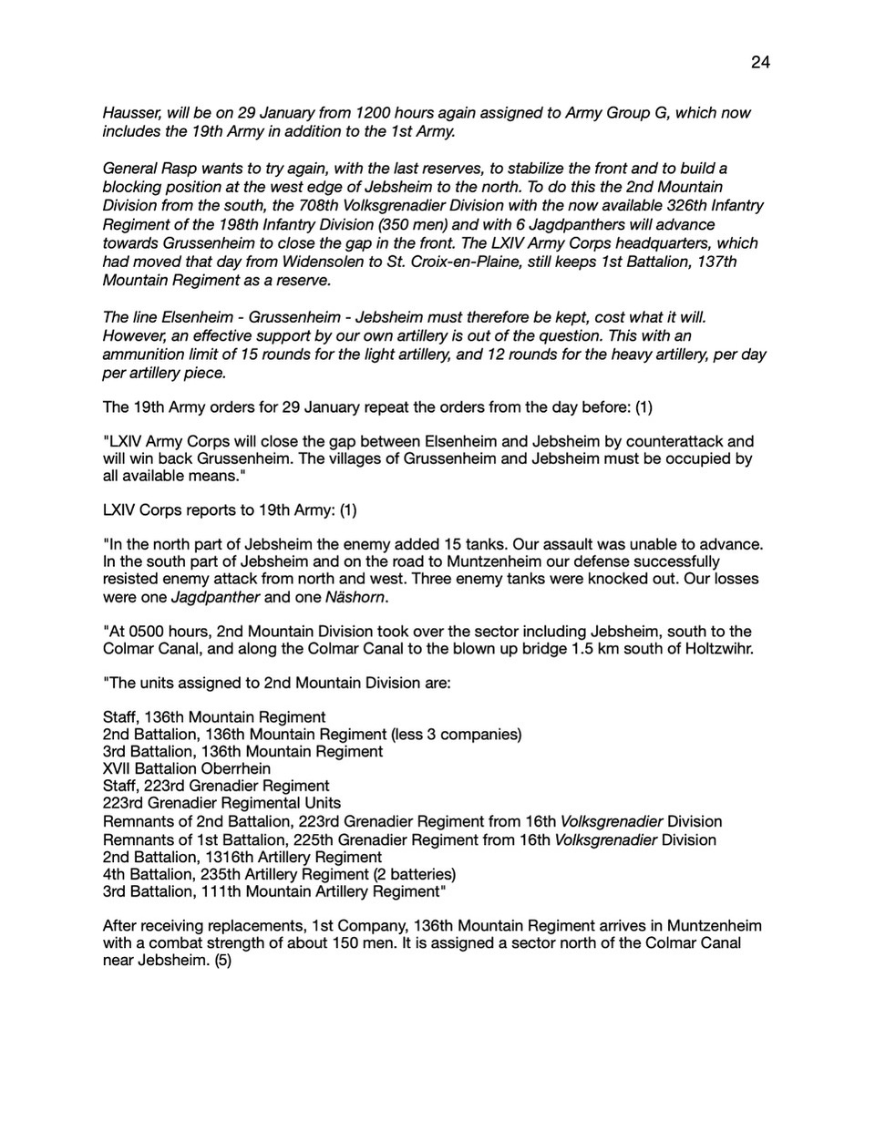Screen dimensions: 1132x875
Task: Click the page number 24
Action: (x=760, y=62)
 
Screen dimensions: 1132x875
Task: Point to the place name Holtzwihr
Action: (x=707, y=649)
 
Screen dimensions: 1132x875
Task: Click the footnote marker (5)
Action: (x=223, y=960)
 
